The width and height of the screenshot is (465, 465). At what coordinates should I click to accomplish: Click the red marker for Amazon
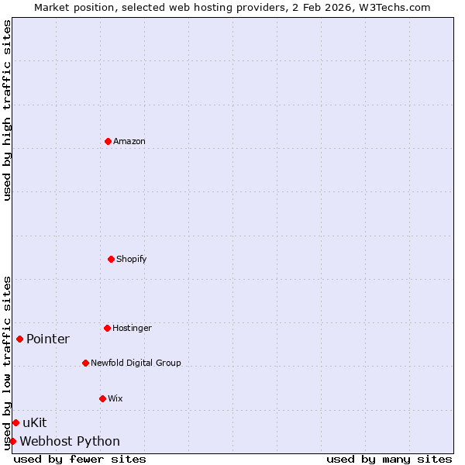[108, 141]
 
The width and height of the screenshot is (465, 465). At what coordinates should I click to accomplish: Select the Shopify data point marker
[111, 259]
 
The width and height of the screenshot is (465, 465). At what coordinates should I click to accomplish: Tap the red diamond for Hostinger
[108, 328]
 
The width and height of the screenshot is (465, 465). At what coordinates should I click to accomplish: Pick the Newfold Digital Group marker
[85, 363]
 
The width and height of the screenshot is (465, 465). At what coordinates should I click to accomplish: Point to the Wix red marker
[102, 398]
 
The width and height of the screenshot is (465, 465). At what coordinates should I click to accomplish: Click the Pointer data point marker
[19, 339]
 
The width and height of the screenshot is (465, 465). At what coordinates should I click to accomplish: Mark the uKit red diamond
[15, 422]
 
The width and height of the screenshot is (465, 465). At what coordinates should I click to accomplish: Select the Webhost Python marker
[12, 441]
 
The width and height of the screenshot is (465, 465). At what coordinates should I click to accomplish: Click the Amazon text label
[129, 141]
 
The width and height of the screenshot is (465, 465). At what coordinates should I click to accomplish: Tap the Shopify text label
[132, 259]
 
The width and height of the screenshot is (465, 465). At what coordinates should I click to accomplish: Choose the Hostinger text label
[132, 328]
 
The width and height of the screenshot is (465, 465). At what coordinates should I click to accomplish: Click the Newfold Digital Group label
[136, 363]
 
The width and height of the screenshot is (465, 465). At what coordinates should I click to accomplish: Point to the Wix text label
[115, 398]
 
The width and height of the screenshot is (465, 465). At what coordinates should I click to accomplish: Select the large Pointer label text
[48, 339]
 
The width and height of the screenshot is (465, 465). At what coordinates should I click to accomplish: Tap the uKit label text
[35, 422]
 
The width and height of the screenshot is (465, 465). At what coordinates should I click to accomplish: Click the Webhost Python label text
[70, 441]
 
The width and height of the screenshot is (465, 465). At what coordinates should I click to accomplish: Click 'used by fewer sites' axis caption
[80, 459]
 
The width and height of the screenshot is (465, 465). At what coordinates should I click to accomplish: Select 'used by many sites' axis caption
[389, 459]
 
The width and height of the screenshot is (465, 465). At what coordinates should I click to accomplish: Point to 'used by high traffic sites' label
[7, 110]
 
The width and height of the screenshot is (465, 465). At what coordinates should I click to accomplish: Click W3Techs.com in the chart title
[394, 7]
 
